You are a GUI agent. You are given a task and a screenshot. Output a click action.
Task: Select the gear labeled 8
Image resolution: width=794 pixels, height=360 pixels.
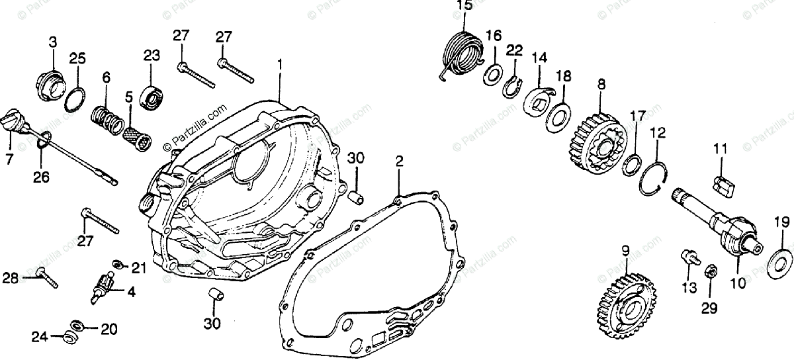pyautogui.click(x=597, y=140)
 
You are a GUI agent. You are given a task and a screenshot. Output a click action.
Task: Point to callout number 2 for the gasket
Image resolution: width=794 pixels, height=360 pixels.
pyautogui.click(x=399, y=161)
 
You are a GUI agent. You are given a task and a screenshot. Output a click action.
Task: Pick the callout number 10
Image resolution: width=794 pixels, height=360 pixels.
pyautogui.click(x=738, y=283)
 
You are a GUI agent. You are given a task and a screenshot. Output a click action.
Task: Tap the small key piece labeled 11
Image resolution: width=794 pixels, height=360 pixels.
pyautogui.click(x=724, y=184)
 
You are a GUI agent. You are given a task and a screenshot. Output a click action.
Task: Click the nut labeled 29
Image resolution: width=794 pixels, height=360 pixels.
pyautogui.click(x=709, y=272)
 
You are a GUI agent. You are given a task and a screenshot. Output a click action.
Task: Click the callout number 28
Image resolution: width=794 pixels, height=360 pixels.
pyautogui.click(x=10, y=278)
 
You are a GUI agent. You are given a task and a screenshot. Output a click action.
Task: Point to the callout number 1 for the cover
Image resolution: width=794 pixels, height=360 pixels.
pyautogui.click(x=280, y=65)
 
